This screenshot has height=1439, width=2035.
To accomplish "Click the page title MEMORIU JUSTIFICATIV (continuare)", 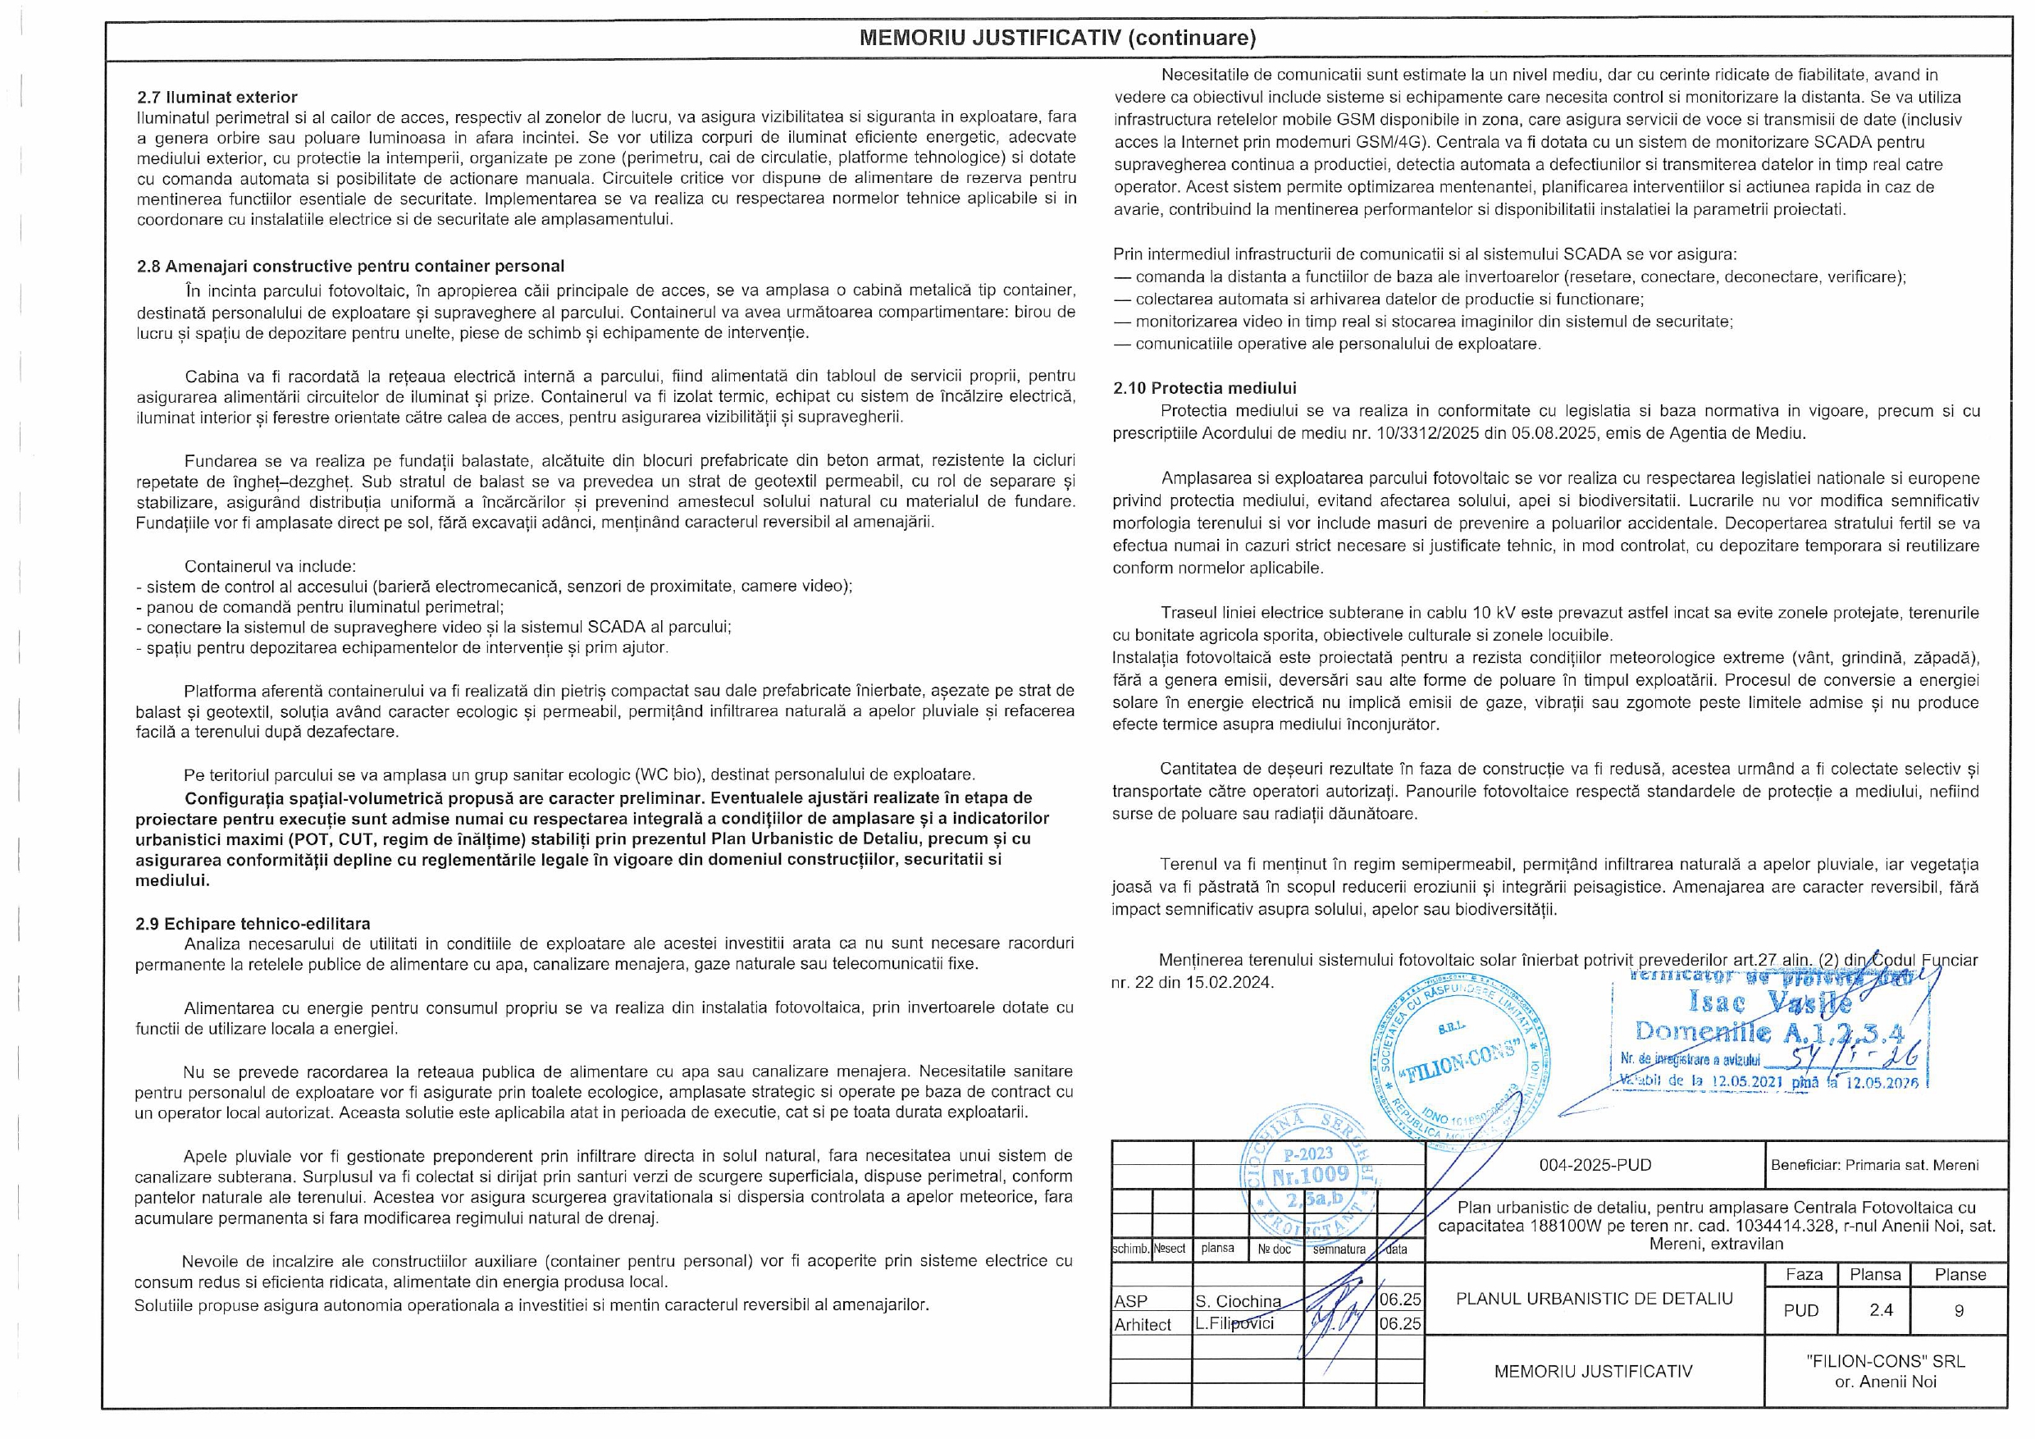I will coord(1057,38).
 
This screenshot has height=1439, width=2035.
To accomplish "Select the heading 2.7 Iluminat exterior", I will coord(217,97).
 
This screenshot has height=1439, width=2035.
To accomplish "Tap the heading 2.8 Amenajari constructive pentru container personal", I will coord(350,266).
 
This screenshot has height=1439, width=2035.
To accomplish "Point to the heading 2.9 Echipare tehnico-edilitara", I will coord(253,924).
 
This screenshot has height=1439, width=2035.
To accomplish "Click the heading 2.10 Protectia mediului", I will coord(1205,387).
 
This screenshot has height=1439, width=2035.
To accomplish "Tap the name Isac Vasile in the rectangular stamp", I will coord(1770,1003).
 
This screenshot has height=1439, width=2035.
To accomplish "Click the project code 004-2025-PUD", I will coord(1595,1165).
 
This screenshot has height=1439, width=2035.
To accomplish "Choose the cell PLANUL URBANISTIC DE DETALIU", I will coord(1594,1299).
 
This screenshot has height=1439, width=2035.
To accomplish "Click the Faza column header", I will coord(1804,1275).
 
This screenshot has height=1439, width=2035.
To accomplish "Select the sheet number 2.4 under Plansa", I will coord(1881,1309).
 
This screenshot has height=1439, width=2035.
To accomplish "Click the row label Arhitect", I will coord(1143,1325).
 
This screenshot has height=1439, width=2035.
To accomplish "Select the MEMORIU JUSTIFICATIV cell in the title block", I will coord(1593,1372).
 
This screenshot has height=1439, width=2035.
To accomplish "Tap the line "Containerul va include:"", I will coord(271,565).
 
